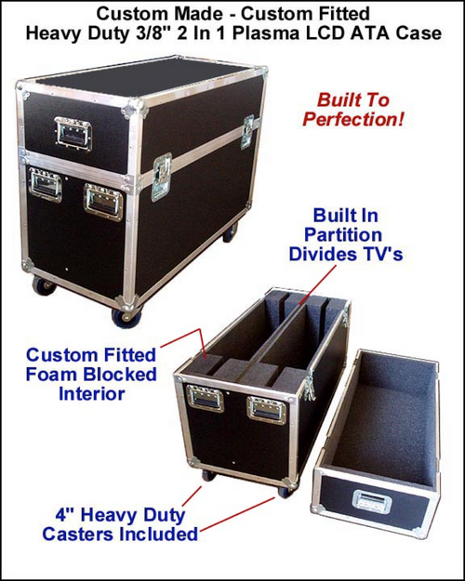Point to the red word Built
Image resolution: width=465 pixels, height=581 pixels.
(339, 99)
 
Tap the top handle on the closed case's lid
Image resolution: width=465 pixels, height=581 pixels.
(73, 133)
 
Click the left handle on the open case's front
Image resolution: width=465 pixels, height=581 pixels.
(205, 400)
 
